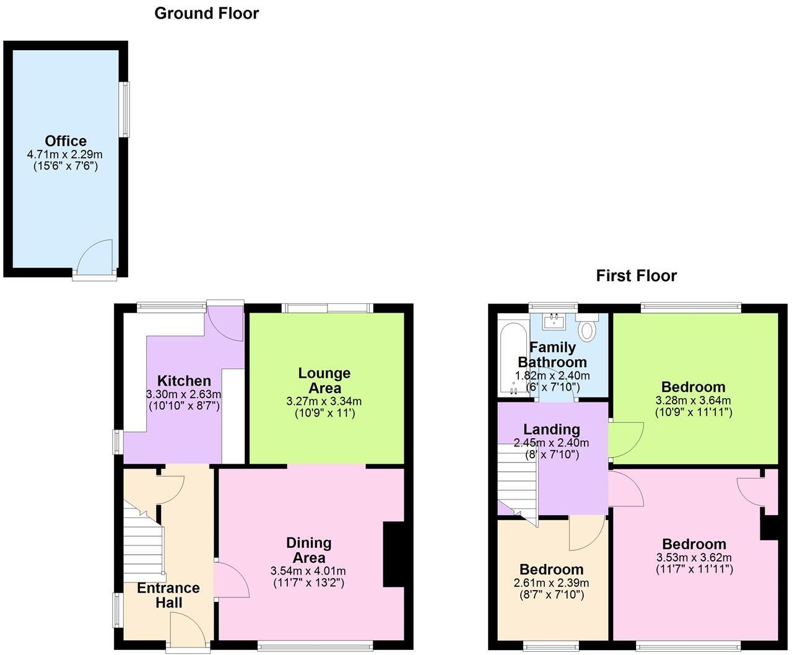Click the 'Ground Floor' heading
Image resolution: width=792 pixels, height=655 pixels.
click(x=206, y=13)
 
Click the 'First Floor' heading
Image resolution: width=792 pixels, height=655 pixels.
click(x=636, y=275)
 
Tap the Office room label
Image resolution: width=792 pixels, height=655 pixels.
click(x=66, y=141)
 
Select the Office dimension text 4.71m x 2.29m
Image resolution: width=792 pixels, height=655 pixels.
click(x=65, y=154)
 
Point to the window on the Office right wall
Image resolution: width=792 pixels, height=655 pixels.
click(x=125, y=110)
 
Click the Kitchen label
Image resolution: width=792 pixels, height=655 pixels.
click(x=184, y=381)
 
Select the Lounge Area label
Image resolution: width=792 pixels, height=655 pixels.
click(x=324, y=380)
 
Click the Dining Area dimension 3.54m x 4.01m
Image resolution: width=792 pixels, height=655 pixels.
click(x=308, y=570)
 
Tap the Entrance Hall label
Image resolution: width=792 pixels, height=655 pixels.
click(x=168, y=595)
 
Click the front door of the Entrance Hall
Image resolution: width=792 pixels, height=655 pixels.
click(x=188, y=631)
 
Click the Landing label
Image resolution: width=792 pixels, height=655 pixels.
click(x=551, y=429)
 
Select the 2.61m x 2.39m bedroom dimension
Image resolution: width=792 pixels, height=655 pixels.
click(x=551, y=583)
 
